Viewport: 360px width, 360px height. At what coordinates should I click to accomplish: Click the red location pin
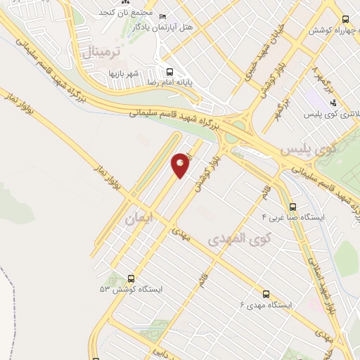tap(181, 165)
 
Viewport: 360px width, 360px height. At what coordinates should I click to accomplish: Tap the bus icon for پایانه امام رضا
tap(169, 72)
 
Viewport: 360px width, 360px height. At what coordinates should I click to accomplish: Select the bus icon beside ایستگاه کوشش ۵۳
tap(131, 278)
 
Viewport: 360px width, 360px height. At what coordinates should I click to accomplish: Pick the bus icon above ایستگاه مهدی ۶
tap(265, 294)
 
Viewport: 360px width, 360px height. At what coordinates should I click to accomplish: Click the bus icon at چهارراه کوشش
tap(345, 20)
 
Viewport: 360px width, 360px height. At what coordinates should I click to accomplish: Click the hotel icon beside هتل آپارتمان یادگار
tap(163, 16)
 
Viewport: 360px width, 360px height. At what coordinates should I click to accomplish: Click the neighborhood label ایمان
tap(138, 219)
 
